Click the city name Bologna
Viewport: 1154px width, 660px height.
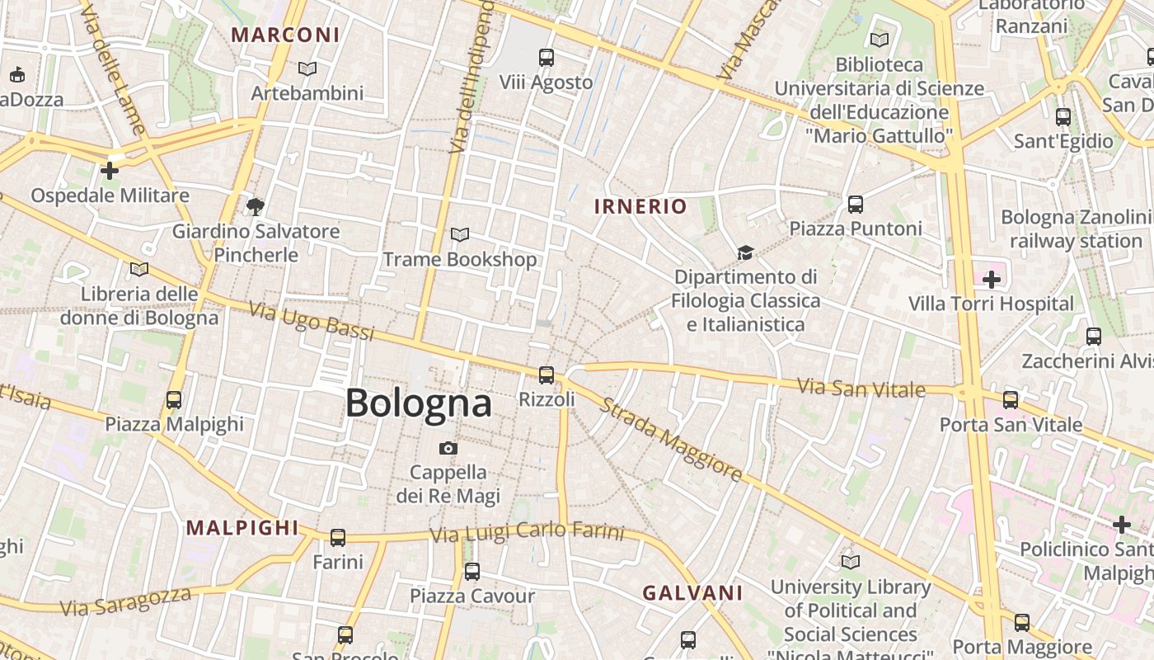pos(418,403)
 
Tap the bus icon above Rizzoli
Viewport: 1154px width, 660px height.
pos(546,375)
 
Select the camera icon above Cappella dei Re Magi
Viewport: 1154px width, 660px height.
pos(448,448)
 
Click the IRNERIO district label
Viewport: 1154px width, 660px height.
pos(640,206)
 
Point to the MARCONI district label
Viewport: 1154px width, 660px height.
pos(285,35)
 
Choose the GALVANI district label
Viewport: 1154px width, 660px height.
pos(692,592)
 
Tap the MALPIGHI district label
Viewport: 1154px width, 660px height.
pos(242,527)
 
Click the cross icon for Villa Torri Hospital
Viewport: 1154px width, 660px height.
pos(991,280)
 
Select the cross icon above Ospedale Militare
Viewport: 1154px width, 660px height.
pos(110,171)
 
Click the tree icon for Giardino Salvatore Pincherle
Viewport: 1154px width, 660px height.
pos(256,206)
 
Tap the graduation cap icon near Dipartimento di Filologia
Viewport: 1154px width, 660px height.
pos(745,252)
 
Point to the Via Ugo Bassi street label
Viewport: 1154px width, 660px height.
pos(312,321)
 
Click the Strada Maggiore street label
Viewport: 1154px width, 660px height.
pos(671,440)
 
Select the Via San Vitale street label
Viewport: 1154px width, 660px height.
pos(862,387)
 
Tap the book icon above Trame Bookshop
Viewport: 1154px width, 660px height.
pos(460,235)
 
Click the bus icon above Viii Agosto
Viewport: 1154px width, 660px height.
pos(547,58)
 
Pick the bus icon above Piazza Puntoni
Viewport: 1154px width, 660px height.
pos(856,204)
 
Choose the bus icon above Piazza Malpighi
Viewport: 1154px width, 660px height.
pos(174,400)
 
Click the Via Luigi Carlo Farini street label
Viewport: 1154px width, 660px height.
pos(527,533)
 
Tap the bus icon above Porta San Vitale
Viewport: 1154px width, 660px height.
pos(1011,400)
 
